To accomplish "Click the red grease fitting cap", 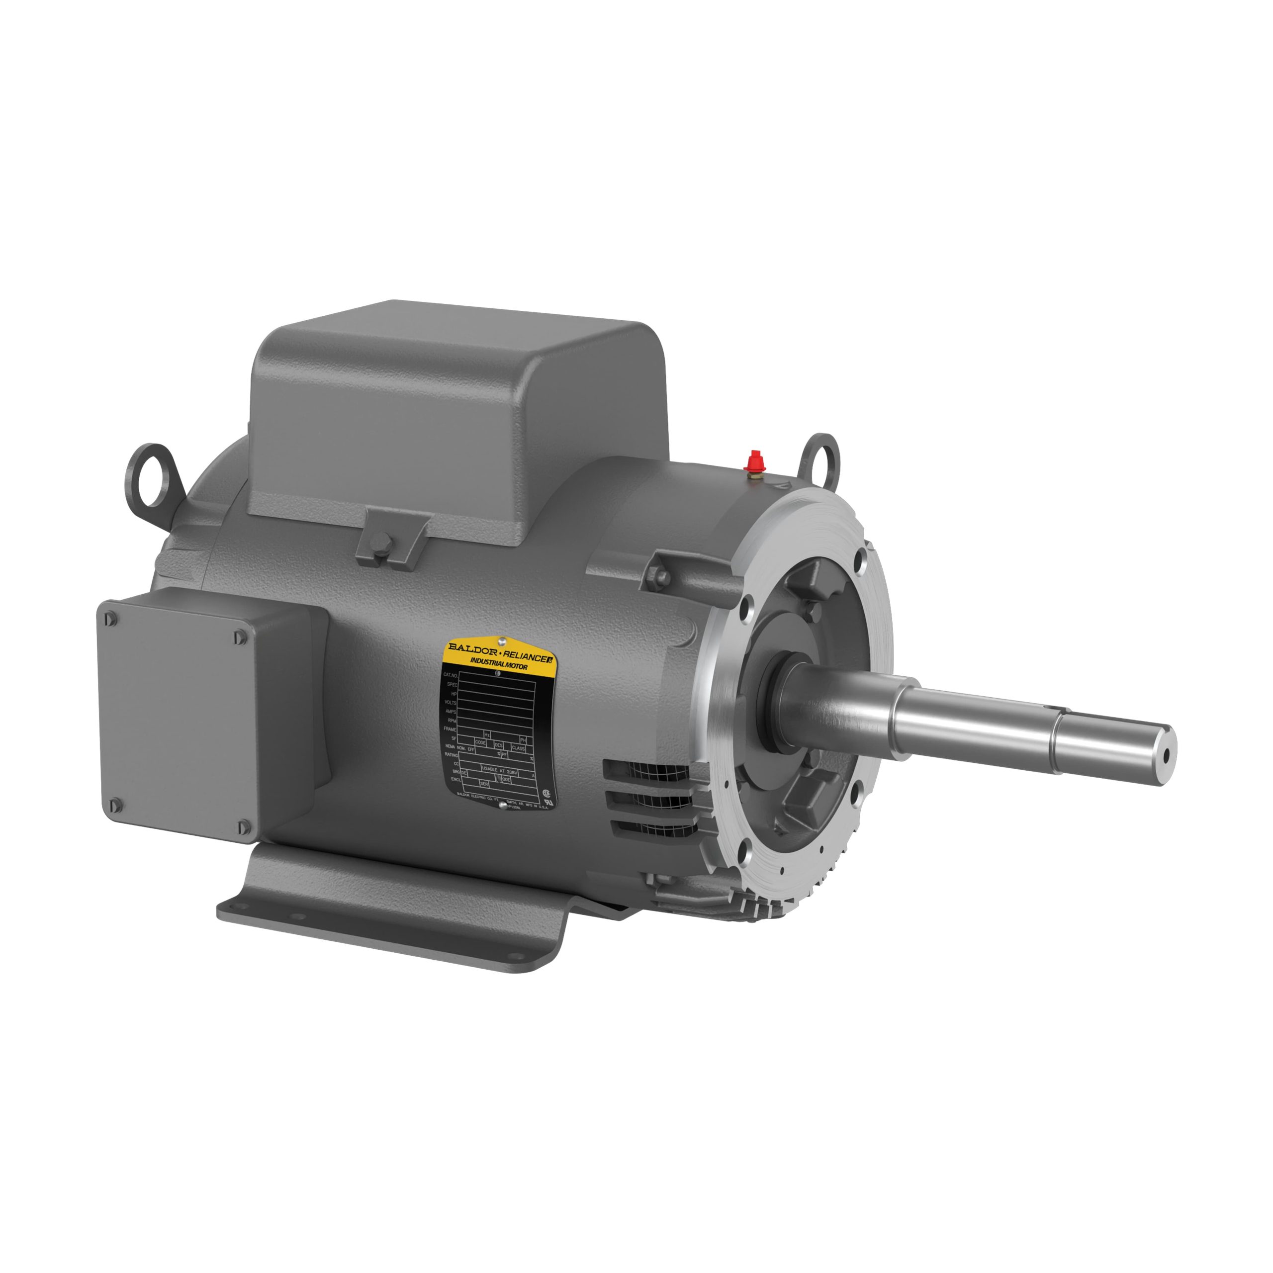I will coord(754,458).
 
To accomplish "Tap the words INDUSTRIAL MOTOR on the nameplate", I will coord(498,665).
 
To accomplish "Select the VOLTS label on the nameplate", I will coord(450,703).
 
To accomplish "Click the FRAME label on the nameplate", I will coord(450,729).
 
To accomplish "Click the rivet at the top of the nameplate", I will coord(503,640).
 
